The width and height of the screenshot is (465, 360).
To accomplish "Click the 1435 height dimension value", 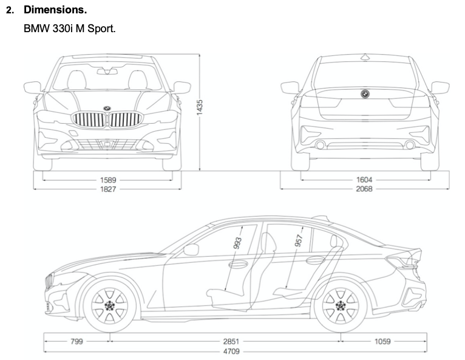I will click(x=200, y=106).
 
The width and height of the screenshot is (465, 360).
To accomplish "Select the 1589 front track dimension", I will click(x=109, y=180).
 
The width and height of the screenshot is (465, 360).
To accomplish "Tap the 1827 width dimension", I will click(x=109, y=189).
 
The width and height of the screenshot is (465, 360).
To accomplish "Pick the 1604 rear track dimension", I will click(x=365, y=180).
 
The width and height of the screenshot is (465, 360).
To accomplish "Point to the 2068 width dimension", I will click(x=365, y=189).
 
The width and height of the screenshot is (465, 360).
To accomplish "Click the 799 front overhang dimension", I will click(x=76, y=341).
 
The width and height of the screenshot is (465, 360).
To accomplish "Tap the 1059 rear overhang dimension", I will click(x=382, y=341).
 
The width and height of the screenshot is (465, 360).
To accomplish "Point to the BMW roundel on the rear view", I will click(x=365, y=93).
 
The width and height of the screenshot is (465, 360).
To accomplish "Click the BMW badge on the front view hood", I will click(x=107, y=108).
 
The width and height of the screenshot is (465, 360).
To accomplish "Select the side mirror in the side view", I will click(x=191, y=249).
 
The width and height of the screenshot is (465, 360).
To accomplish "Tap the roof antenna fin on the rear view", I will click(x=365, y=57).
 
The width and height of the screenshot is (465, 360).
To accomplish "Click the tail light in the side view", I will click(x=402, y=262).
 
